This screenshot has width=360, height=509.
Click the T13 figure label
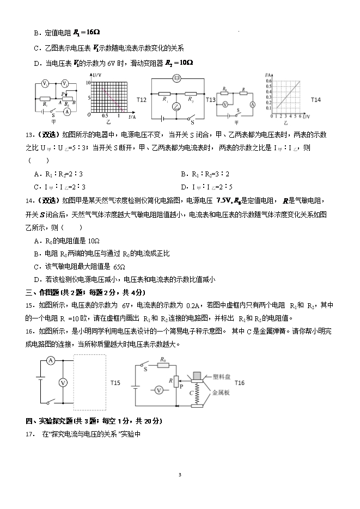tap(210, 100)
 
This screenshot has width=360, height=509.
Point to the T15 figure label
tap(115, 383)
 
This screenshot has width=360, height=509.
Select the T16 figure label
tap(239, 383)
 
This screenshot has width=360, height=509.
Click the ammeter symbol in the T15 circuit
tap(50, 360)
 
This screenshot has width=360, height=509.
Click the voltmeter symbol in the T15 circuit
tap(63, 383)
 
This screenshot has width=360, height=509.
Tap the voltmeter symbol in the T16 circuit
tap(158, 390)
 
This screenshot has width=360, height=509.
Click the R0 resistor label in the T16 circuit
tap(163, 359)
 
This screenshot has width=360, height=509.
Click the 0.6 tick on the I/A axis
tap(268, 81)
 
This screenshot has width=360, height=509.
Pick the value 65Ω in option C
tap(119, 267)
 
